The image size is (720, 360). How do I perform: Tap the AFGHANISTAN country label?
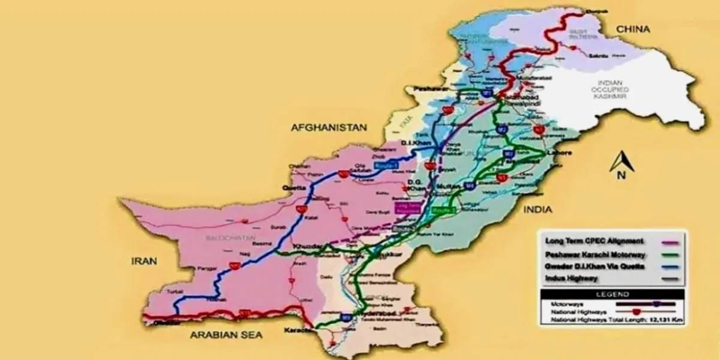328,127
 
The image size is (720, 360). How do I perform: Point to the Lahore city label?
558,153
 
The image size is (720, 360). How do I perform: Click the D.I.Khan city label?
413,143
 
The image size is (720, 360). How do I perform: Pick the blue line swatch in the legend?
667,267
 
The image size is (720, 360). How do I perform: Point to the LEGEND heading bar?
612,294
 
